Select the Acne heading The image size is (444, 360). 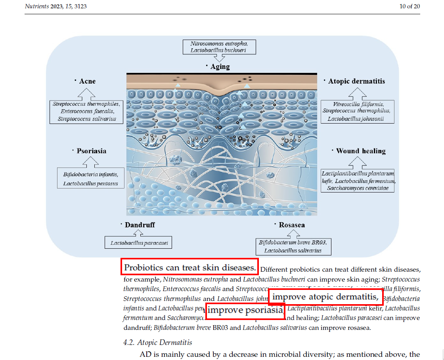87,81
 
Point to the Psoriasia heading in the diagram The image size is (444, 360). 91,151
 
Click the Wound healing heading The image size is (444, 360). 360,151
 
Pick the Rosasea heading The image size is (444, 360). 292,225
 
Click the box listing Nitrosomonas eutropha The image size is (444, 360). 219,47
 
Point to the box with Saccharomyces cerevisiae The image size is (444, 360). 358,181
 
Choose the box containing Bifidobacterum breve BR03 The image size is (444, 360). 293,246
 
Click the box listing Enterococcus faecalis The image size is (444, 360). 87,111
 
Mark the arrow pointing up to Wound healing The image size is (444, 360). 358,162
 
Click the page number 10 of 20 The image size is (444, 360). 410,6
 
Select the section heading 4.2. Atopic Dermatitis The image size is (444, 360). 157,342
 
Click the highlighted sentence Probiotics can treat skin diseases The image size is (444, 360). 190,267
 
